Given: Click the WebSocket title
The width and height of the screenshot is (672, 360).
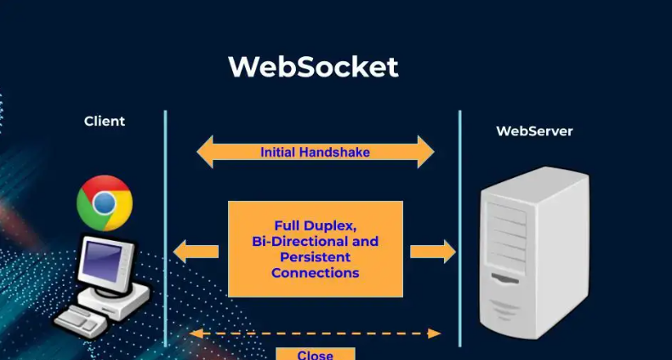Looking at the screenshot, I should point(313,66).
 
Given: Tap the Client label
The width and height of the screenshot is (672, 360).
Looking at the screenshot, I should point(105,121).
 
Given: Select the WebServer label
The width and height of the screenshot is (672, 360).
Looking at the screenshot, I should point(534,131).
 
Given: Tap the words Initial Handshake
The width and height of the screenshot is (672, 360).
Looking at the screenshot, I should point(315,153).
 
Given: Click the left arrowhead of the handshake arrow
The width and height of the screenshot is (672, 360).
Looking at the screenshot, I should point(205,152).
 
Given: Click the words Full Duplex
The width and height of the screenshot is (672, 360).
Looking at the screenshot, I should point(315,226).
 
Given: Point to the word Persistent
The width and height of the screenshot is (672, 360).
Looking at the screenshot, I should point(315,257).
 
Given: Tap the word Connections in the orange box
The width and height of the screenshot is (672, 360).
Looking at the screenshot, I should point(315,273).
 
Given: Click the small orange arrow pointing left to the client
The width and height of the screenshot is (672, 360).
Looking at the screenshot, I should point(195,251).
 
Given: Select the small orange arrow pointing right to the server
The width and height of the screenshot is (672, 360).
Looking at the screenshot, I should point(433,251).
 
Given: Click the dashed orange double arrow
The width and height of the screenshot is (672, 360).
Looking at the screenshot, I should point(315,334).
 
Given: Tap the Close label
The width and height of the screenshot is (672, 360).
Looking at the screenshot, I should point(315,354).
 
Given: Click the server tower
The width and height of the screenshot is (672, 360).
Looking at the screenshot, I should point(533,255).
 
